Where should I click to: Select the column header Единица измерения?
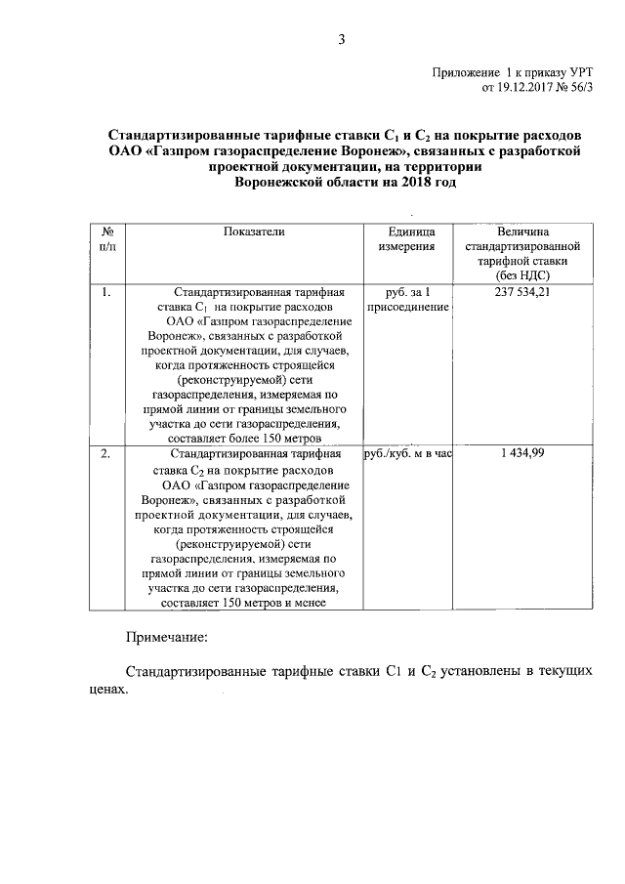pos(406,239)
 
